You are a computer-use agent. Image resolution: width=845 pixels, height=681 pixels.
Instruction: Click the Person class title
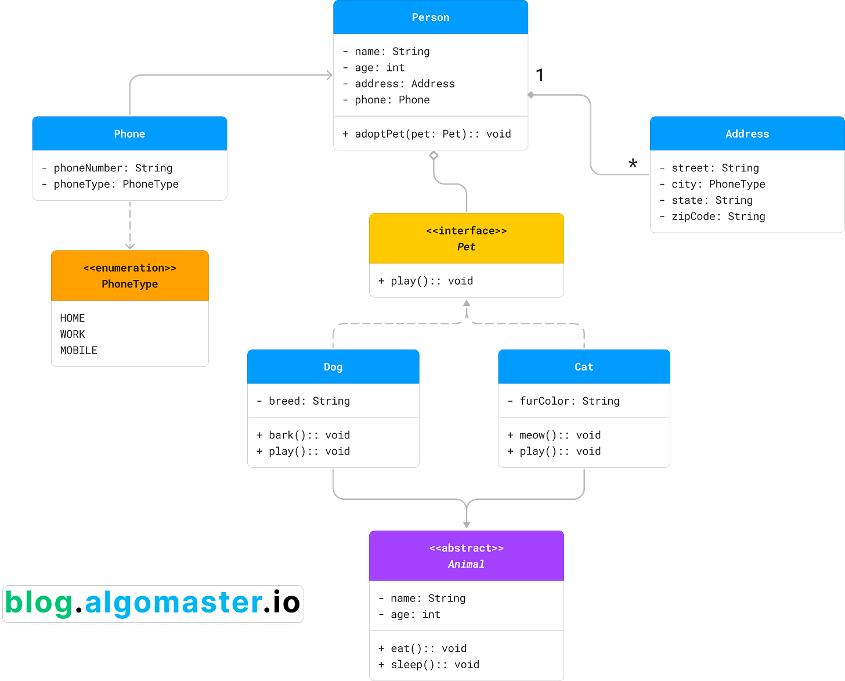(431, 17)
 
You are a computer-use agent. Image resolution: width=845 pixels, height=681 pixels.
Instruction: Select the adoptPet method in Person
(427, 134)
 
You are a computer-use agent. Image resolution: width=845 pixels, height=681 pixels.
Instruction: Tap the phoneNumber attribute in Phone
(113, 168)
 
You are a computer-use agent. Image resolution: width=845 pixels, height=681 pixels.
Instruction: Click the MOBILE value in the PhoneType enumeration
(79, 351)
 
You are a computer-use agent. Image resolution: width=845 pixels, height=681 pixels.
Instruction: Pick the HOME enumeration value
(73, 318)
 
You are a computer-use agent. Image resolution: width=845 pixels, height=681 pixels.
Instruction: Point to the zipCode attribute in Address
(718, 217)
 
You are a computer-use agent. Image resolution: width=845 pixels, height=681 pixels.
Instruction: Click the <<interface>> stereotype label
(466, 231)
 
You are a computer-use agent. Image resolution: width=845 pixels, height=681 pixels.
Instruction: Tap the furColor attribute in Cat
(564, 401)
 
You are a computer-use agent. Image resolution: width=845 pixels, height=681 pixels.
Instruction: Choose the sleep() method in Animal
(429, 665)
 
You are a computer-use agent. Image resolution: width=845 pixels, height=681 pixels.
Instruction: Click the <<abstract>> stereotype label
(466, 548)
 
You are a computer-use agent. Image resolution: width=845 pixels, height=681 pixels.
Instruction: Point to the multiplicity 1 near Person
(540, 75)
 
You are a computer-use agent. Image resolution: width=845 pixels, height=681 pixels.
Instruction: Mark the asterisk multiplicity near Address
(633, 163)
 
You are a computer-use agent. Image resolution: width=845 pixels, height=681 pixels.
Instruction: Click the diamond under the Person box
(434, 156)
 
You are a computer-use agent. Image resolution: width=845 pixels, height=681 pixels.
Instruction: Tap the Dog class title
(333, 367)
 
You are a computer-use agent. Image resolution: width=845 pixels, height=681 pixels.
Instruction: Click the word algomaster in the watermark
(174, 603)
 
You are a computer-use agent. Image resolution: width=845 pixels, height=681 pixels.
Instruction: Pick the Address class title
(747, 134)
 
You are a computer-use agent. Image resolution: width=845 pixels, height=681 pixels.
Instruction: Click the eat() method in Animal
(423, 648)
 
